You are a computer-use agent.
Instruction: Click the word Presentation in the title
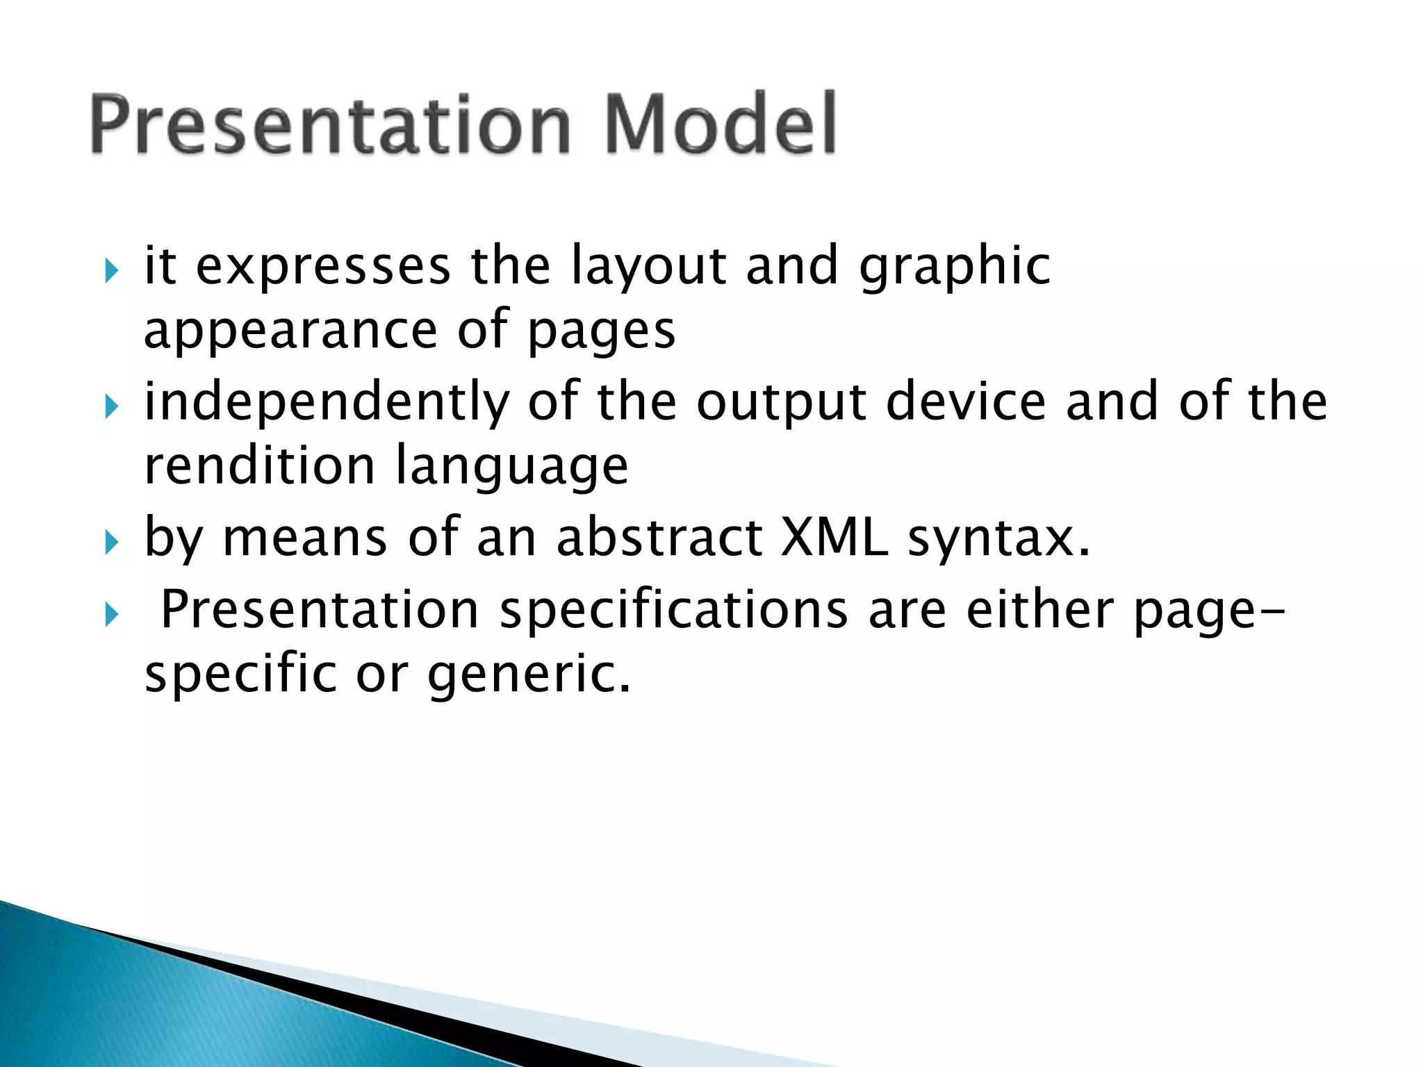tap(331, 125)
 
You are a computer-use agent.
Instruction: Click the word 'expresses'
tap(323, 268)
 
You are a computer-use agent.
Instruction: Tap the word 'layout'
tap(649, 268)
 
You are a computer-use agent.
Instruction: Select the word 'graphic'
tap(955, 268)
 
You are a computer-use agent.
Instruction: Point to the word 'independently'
tap(327, 403)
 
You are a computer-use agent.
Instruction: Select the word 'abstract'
tap(659, 539)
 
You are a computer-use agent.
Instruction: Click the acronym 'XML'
tap(834, 539)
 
